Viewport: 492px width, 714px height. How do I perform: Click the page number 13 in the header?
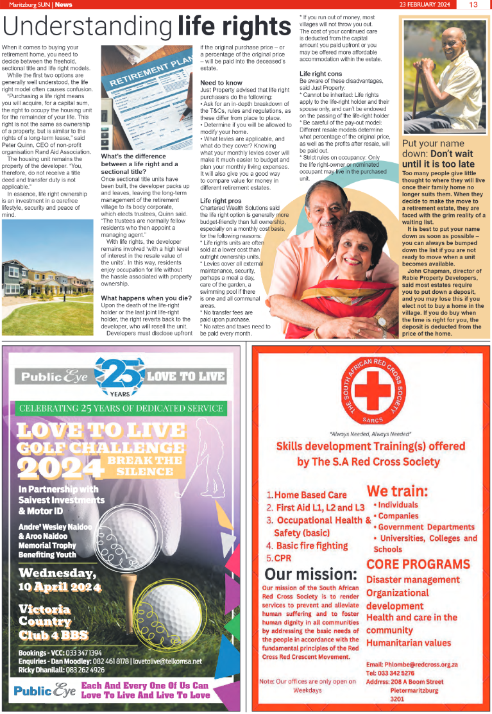coord(473,4)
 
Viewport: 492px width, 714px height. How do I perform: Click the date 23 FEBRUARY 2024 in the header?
coord(424,4)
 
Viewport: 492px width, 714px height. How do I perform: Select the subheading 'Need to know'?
coord(221,83)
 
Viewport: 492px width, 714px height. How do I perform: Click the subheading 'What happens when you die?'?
coord(146,298)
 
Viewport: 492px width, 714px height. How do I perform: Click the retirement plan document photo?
coord(146,98)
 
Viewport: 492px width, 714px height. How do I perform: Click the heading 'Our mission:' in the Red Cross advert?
coord(310,573)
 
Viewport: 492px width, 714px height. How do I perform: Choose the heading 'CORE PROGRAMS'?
coord(418,564)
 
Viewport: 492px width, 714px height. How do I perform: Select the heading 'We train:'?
coord(398,491)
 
